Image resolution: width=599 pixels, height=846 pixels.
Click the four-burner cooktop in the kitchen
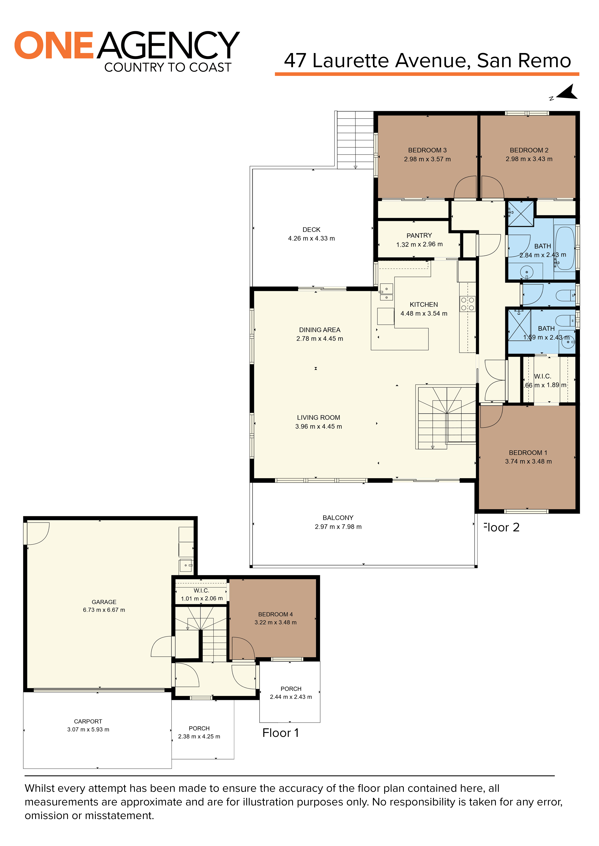(467, 304)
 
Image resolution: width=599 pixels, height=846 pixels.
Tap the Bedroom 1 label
(528, 452)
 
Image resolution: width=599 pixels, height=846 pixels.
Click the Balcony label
(338, 518)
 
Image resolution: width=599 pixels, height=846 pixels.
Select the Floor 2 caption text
(502, 527)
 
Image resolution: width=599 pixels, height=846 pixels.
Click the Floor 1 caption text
(280, 733)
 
